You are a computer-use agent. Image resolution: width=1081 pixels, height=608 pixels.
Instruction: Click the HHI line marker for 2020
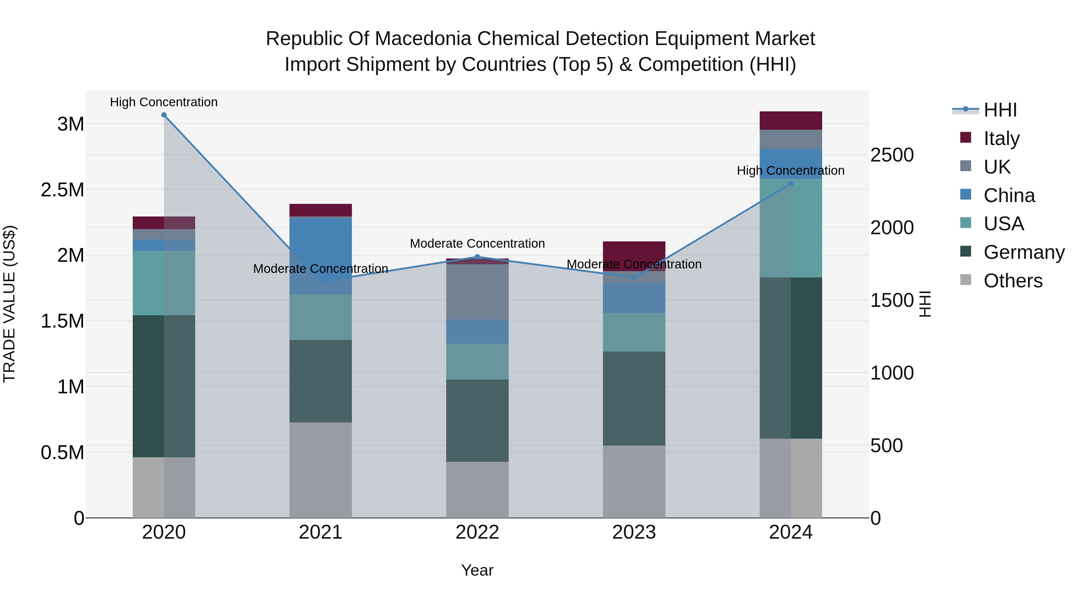(x=164, y=115)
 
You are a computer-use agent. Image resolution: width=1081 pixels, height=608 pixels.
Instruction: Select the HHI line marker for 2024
(x=791, y=183)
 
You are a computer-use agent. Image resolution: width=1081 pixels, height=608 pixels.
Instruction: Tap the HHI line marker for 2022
(x=477, y=257)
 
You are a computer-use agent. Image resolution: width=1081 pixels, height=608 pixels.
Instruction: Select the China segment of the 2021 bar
(x=321, y=256)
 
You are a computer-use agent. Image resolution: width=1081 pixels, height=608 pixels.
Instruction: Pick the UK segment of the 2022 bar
(x=477, y=292)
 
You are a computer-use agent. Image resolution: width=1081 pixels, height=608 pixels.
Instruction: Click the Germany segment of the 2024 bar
(x=791, y=358)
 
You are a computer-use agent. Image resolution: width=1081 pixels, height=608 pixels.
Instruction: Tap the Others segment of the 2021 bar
(x=321, y=470)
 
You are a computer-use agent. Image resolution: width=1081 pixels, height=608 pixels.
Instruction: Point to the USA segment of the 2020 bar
(x=164, y=283)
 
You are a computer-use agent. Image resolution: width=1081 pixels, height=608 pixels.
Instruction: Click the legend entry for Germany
(x=1024, y=252)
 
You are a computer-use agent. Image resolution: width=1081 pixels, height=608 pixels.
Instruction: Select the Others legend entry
(x=1013, y=281)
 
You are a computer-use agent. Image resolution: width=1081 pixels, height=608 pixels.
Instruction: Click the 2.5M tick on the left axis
(x=62, y=190)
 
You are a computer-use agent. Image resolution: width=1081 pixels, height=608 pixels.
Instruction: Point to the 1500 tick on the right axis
(x=892, y=301)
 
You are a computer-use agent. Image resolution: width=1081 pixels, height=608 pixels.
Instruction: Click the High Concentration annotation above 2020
(x=164, y=102)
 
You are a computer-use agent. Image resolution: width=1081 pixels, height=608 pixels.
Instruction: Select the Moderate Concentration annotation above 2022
(x=477, y=244)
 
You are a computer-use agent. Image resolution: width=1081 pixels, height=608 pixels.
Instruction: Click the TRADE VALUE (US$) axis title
(x=9, y=304)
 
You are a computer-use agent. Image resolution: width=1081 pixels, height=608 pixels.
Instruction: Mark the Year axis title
(x=477, y=570)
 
